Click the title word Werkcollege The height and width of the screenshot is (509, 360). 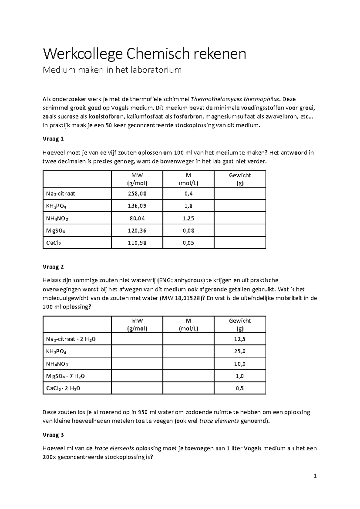[x=83, y=54]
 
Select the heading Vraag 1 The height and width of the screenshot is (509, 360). [x=53, y=139]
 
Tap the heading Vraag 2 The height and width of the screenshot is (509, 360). [x=53, y=267]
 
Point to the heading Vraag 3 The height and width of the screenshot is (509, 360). [x=53, y=435]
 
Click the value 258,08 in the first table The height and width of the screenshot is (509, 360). [x=137, y=194]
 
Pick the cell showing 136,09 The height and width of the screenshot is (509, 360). [x=137, y=206]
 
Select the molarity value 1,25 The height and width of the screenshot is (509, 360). [x=188, y=218]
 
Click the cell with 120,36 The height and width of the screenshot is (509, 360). [x=137, y=230]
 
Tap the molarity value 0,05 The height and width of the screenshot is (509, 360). [x=188, y=243]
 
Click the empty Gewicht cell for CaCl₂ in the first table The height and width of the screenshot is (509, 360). [x=240, y=243]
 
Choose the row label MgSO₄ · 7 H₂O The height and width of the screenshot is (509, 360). [x=63, y=376]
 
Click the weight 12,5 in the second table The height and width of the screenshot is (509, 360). [x=240, y=339]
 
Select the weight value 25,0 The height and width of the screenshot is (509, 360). [x=240, y=351]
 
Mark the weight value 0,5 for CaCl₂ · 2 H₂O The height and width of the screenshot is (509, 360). [x=240, y=388]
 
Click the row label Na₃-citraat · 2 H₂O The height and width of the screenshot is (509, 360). [x=71, y=339]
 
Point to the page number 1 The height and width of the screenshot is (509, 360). [x=315, y=476]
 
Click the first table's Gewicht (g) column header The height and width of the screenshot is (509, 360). [x=240, y=179]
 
